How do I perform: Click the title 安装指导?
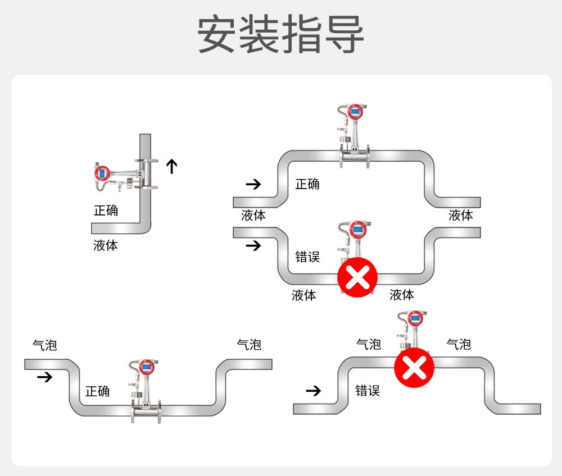[281, 35]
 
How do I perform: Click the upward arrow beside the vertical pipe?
[171, 166]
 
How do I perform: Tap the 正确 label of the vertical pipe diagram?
[106, 210]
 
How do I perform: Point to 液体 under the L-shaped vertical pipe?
[106, 245]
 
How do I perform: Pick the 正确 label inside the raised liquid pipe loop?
[307, 184]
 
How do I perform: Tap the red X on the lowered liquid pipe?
[357, 277]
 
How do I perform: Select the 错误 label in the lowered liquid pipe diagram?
[307, 257]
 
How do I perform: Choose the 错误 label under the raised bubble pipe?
[368, 391]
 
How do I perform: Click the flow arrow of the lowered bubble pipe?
[44, 377]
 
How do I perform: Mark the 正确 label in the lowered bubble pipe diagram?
[98, 391]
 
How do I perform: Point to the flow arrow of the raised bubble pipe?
[313, 391]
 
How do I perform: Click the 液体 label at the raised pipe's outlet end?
[461, 216]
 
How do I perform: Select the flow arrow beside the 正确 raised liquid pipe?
[254, 184]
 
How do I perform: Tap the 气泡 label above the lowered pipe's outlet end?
[249, 344]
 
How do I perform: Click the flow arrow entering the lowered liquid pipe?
[254, 245]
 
